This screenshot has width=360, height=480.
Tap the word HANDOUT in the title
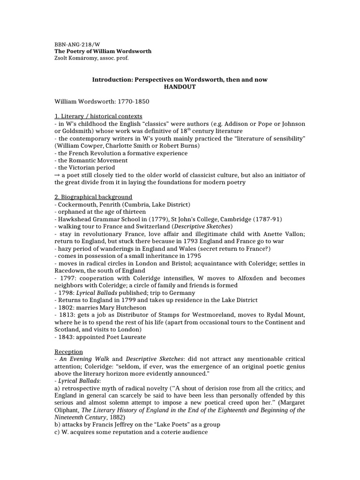tap(180, 87)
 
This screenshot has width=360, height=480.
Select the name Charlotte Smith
tap(122, 146)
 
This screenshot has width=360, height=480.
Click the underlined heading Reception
tap(69, 351)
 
